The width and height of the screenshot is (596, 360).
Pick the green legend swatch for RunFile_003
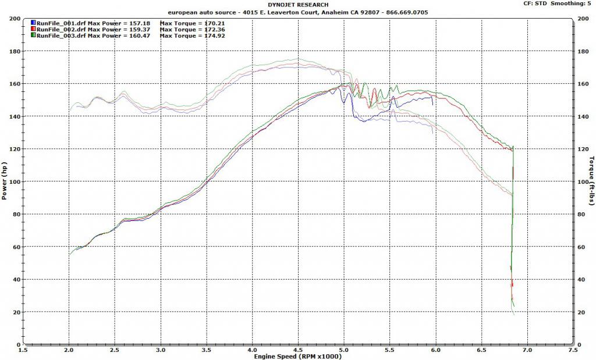tap(33, 36)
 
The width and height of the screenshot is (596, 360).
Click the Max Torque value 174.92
tap(213, 36)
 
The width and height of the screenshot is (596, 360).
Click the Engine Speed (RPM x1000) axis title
tap(297, 356)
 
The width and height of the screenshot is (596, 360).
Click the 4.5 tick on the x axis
tap(298, 350)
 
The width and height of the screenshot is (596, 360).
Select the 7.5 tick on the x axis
tap(573, 350)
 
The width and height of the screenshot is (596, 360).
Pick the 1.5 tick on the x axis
tap(23, 350)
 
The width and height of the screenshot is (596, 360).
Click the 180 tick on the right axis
tap(582, 51)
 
